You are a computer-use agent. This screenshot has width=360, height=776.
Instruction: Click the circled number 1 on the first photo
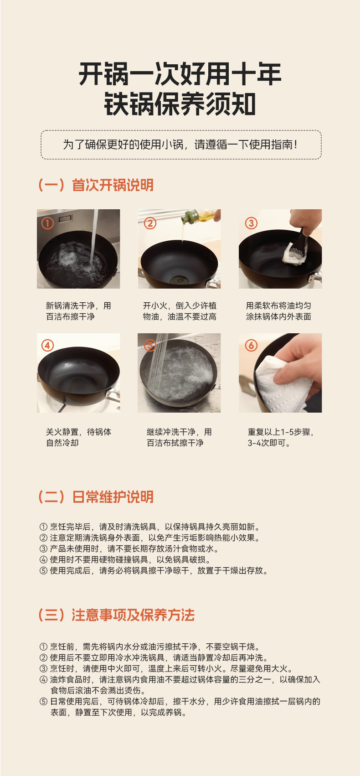point(47,223)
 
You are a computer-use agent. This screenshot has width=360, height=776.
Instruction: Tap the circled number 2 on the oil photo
point(150,223)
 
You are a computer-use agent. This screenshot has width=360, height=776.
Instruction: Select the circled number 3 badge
point(251,223)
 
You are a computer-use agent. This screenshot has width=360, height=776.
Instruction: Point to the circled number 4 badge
point(47,345)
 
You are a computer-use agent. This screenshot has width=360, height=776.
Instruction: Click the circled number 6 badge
point(251,345)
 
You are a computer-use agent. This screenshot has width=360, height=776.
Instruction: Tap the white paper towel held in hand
point(280,384)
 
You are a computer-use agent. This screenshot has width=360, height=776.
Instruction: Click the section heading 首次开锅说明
point(113,185)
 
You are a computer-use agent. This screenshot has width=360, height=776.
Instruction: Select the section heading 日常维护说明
point(113,497)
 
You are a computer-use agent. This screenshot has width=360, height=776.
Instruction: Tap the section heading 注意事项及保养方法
point(133,615)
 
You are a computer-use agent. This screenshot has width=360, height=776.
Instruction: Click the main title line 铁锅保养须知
point(180,104)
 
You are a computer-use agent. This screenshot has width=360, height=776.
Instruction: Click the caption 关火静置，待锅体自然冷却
point(78,437)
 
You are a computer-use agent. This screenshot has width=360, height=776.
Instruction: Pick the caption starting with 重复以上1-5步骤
point(280,437)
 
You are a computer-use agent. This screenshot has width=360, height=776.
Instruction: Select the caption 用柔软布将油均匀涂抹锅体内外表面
point(278,311)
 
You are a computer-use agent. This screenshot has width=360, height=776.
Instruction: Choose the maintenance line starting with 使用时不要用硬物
point(125,559)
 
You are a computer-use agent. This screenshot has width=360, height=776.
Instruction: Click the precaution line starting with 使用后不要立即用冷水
point(154,657)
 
